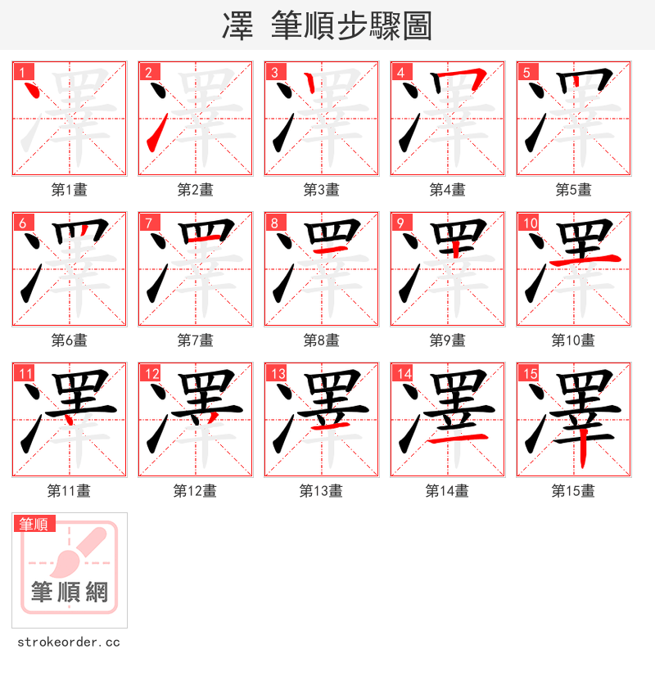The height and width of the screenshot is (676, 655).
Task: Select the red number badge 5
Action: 526,72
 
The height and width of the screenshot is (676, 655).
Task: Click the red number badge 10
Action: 530,223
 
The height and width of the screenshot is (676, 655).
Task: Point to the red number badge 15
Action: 530,373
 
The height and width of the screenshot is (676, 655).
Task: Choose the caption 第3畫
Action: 321,190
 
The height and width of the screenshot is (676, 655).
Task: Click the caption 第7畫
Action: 195,340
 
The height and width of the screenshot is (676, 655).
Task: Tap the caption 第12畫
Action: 195,491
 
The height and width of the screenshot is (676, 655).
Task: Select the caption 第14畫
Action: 447,491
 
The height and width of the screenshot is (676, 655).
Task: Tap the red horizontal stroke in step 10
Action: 585,260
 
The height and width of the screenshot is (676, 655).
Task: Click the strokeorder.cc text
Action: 69,642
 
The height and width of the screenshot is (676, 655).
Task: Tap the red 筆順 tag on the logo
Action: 34,524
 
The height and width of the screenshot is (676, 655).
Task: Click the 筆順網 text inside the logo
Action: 69,591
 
